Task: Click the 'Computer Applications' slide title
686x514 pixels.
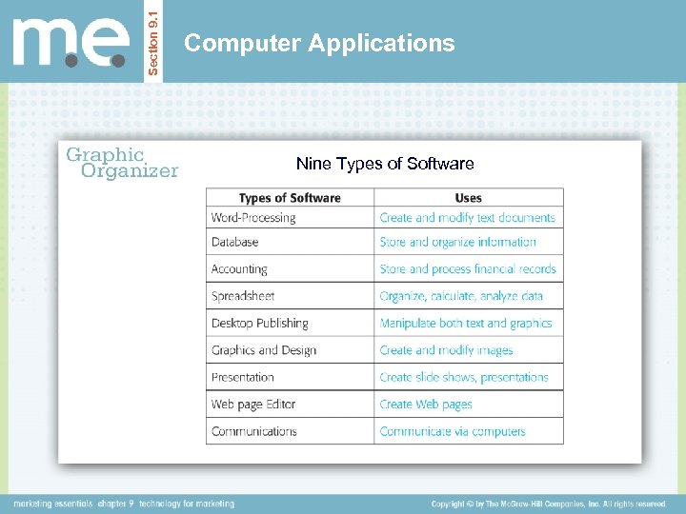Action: (319, 43)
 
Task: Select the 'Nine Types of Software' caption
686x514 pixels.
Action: (385, 164)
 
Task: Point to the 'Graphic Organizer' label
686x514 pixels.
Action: (121, 163)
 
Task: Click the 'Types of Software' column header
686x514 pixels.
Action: (290, 198)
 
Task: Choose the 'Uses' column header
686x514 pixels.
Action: (468, 198)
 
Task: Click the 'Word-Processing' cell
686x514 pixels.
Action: (253, 218)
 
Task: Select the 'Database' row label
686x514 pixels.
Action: (234, 243)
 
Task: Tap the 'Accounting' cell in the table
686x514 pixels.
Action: (239, 269)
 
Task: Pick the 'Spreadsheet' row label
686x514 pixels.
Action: (243, 296)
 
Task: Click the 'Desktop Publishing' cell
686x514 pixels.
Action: (260, 324)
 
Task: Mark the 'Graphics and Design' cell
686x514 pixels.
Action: (264, 350)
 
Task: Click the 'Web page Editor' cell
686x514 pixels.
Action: (253, 405)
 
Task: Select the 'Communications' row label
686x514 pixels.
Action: (254, 431)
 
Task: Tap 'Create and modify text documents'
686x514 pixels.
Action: (467, 218)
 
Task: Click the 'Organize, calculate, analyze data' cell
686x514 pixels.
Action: (461, 296)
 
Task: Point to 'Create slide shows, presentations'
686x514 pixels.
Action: (464, 377)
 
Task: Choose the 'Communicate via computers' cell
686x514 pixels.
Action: (453, 431)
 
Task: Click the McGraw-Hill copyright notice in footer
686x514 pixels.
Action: (548, 504)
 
